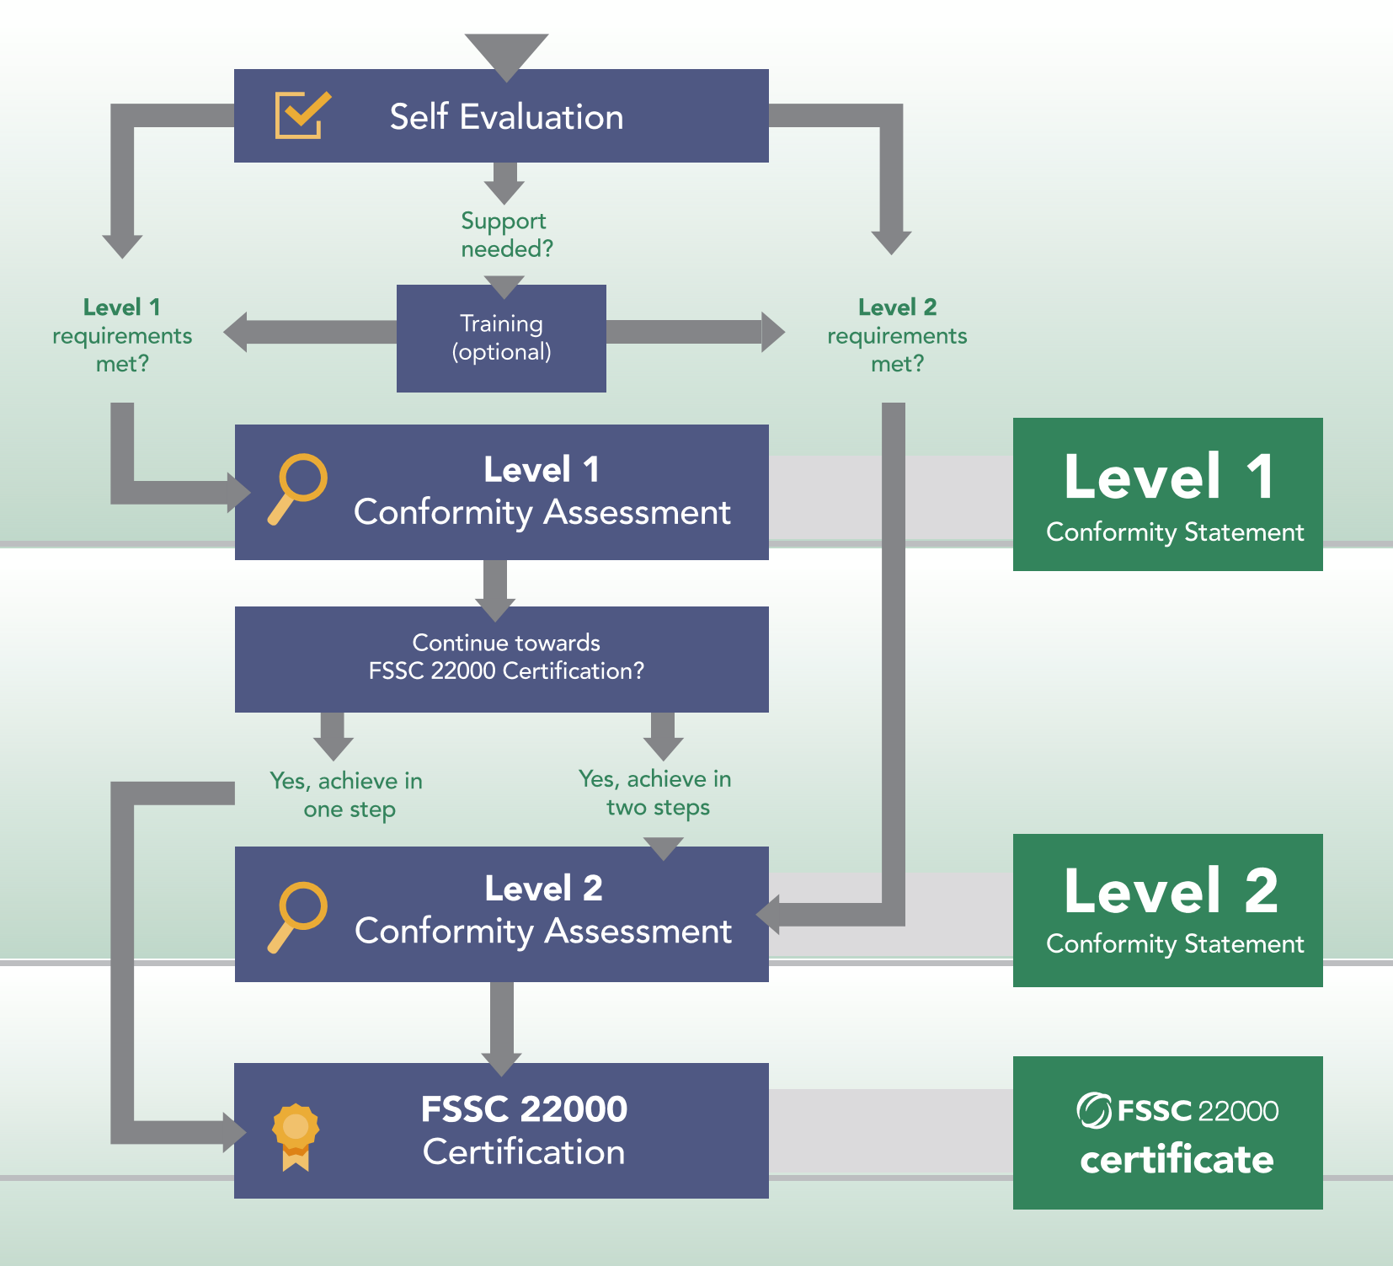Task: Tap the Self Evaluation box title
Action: (506, 116)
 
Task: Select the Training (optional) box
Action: (501, 338)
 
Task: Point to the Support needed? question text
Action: (506, 234)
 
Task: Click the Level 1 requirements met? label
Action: (122, 334)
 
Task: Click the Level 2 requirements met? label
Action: (897, 334)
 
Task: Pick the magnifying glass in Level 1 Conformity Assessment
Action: (296, 489)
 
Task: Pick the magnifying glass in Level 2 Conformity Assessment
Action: (296, 916)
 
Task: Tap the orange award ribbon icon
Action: (296, 1136)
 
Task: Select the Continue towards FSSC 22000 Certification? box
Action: (501, 659)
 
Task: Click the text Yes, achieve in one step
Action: (346, 794)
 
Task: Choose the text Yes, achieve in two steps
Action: (655, 793)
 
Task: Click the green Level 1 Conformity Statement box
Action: (1167, 494)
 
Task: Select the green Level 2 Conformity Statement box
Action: (1167, 910)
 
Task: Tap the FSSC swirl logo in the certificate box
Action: (1094, 1110)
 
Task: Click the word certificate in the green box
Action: (1177, 1159)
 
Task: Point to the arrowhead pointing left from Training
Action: (236, 332)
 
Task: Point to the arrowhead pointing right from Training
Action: (773, 332)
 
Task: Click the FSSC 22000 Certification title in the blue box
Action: (524, 1130)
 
